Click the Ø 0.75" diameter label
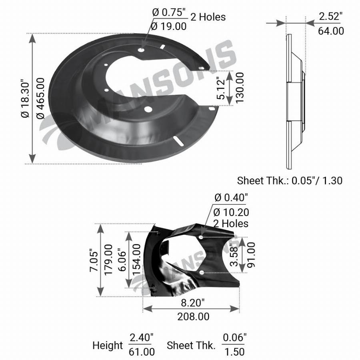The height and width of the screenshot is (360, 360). tap(169, 12)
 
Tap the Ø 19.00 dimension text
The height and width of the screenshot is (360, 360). tap(169, 26)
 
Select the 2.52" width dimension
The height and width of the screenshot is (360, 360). tap(330, 16)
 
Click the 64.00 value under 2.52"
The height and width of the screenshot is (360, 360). tap(331, 31)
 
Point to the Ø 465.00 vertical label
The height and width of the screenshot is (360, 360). tap(41, 98)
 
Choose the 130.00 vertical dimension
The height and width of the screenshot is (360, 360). tap(239, 88)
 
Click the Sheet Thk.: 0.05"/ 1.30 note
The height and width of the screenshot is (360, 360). tap(290, 181)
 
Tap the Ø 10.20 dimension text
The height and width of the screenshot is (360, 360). tap(231, 212)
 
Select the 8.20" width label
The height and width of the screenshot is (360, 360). tap(192, 303)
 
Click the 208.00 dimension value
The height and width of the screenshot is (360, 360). tap(193, 317)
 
